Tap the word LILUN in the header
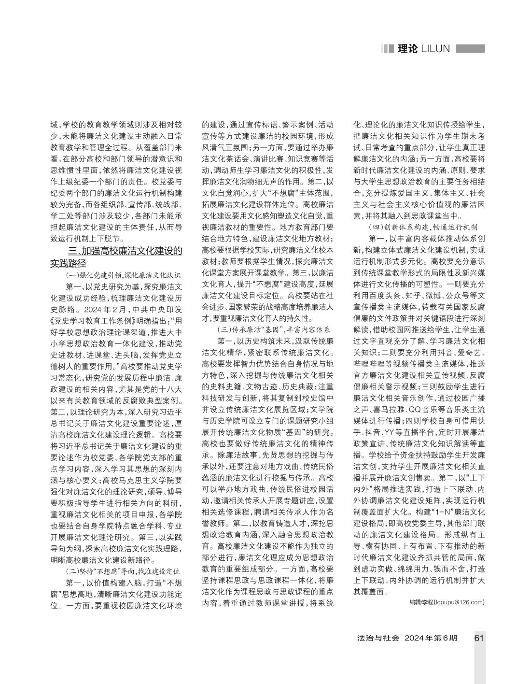[x=436, y=49]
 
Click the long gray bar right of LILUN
[x=470, y=49]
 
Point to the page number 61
[x=479, y=638]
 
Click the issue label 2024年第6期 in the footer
[x=431, y=638]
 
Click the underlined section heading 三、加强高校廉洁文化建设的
[x=125, y=251]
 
